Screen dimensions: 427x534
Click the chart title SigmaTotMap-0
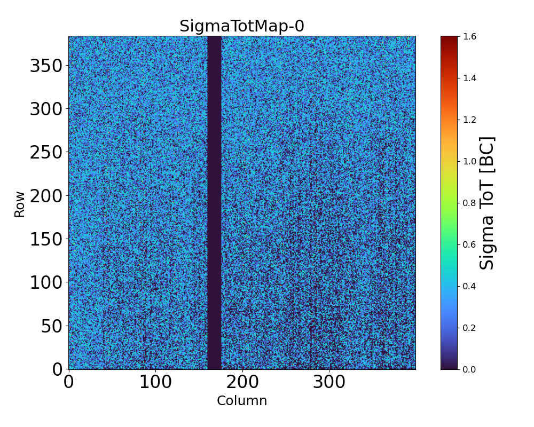[242, 26]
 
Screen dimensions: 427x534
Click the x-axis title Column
[242, 401]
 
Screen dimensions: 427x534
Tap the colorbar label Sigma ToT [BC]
[486, 203]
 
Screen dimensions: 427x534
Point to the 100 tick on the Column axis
[155, 382]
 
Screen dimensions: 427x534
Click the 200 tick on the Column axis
[242, 382]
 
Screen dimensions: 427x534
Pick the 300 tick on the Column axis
[329, 382]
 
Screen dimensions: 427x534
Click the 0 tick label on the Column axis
[69, 382]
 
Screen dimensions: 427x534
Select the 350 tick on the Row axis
[46, 66]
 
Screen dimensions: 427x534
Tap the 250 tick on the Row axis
[46, 152]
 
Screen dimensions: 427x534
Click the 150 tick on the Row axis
[46, 239]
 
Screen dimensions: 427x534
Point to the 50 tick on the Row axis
[52, 326]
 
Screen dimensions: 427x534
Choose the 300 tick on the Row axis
[46, 109]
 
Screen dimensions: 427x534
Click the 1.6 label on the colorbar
[470, 36]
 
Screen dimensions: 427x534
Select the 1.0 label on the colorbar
[470, 161]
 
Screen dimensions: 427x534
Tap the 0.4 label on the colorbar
[470, 286]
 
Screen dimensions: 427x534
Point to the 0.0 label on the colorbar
[470, 369]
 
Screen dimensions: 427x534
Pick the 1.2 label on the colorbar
[470, 120]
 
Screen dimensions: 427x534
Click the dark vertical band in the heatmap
[214, 203]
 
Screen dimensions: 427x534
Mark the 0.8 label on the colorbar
[470, 203]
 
